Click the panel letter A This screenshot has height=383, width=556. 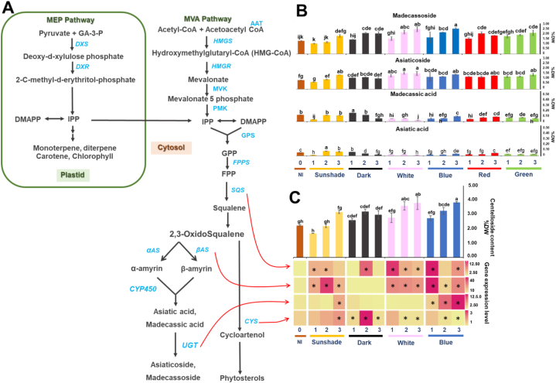pos(11,11)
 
